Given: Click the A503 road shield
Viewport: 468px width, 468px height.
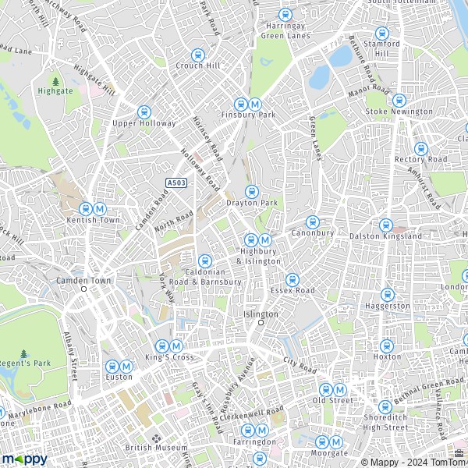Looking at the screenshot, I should coord(175,183).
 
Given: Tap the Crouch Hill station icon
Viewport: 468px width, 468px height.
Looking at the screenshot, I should coord(198,55).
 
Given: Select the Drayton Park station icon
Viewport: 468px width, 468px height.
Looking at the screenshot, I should coord(252,191).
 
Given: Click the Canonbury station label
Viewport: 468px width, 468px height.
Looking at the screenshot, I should coord(312,232).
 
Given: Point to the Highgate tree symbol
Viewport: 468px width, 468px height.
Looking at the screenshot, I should coord(55,80).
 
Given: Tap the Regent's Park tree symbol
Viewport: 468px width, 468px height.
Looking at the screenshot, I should coord(24,354).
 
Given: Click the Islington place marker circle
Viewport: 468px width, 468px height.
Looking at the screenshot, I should coord(262,321).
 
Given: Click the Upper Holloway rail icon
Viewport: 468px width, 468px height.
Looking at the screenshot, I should coord(144,112).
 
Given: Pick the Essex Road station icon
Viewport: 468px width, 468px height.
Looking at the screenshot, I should coord(292,279).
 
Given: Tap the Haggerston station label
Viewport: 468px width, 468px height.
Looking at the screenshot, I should coord(388,306).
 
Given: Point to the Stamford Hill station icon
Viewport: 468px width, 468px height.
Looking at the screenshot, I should coord(382,34).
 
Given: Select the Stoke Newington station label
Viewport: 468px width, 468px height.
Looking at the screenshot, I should coord(399,112).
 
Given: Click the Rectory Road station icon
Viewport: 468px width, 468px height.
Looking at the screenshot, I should coord(421,148).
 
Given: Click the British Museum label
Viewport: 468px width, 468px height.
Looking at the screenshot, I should coord(157,448).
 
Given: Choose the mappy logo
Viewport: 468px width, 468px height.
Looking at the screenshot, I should coord(25,459).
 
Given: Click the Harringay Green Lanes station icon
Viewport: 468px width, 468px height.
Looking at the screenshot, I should coord(285,15).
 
